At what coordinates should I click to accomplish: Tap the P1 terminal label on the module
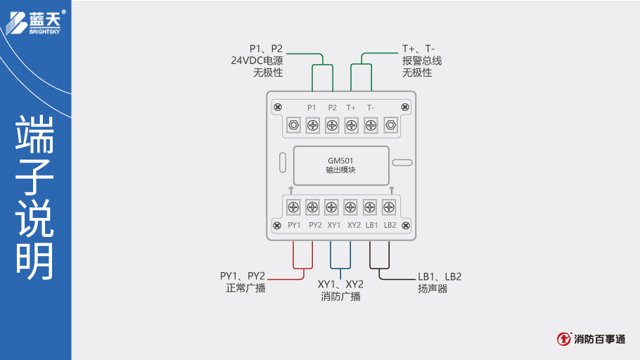pyautogui.click(x=312, y=108)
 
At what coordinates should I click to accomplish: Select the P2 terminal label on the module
pyautogui.click(x=332, y=108)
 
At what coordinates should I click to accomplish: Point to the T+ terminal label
pyautogui.click(x=351, y=108)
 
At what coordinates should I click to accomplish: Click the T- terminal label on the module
pyautogui.click(x=370, y=108)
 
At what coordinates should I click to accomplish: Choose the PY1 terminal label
pyautogui.click(x=294, y=225)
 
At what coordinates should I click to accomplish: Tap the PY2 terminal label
pyautogui.click(x=314, y=225)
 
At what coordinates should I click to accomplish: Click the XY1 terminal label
pyautogui.click(x=334, y=225)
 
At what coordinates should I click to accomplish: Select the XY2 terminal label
pyautogui.click(x=353, y=225)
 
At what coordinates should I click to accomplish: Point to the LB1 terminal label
pyautogui.click(x=372, y=225)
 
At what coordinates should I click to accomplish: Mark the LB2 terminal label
pyautogui.click(x=390, y=225)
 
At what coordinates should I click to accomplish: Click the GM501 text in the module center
pyautogui.click(x=340, y=160)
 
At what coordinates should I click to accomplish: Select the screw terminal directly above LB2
pyautogui.click(x=388, y=207)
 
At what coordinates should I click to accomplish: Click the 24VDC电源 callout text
pyautogui.click(x=257, y=60)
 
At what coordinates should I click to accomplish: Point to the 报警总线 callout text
pyautogui.click(x=422, y=60)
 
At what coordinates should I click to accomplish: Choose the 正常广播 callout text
pyautogui.click(x=245, y=288)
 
